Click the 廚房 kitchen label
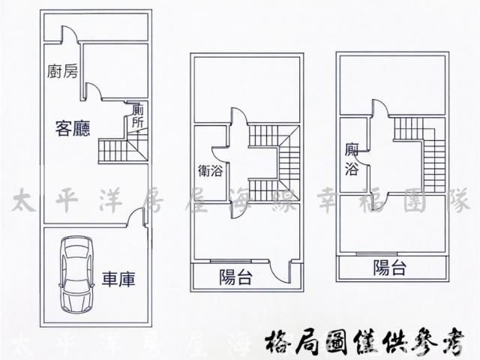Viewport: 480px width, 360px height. tap(61, 72)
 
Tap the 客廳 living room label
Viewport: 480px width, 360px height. tap(73, 128)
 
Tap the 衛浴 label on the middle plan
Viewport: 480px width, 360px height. tap(211, 171)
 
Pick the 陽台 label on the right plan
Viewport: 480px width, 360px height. tap(389, 267)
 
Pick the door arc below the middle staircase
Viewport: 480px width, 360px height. tap(237, 209)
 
